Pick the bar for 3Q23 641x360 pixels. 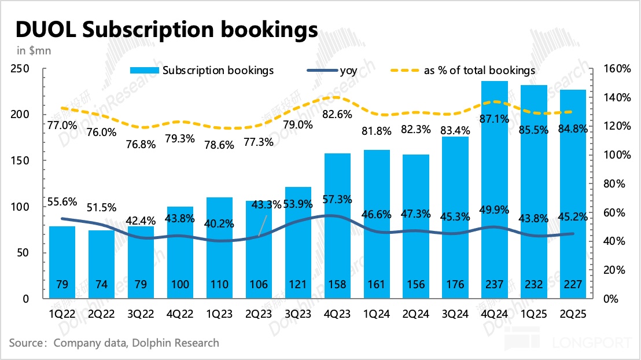coord(298,243)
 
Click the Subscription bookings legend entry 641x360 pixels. coord(218,71)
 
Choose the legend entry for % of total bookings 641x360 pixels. coord(480,71)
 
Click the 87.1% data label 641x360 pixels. coord(495,119)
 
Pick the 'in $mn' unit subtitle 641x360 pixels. coord(30,50)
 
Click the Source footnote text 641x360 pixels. coord(114,343)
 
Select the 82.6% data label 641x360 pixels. coord(337,115)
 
